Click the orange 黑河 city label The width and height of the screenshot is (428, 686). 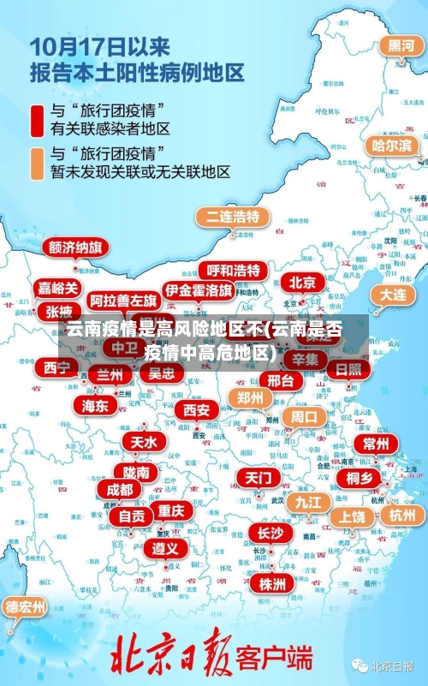(x=401, y=45)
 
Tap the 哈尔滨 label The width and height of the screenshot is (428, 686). (x=392, y=146)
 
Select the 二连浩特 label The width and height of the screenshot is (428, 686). (x=229, y=216)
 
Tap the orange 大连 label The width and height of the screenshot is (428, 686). (x=392, y=295)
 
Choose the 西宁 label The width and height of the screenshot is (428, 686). (x=57, y=367)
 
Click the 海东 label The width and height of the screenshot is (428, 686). (x=95, y=404)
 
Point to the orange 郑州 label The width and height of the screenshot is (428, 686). (x=250, y=397)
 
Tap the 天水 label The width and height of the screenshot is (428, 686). (x=143, y=442)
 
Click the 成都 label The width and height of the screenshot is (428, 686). (x=120, y=489)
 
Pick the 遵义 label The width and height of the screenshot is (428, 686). (x=165, y=547)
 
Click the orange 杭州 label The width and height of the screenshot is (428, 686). (x=401, y=515)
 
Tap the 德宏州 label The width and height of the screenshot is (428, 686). (x=26, y=606)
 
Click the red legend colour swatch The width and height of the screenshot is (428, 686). (x=38, y=120)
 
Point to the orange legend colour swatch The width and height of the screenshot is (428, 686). (x=38, y=163)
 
